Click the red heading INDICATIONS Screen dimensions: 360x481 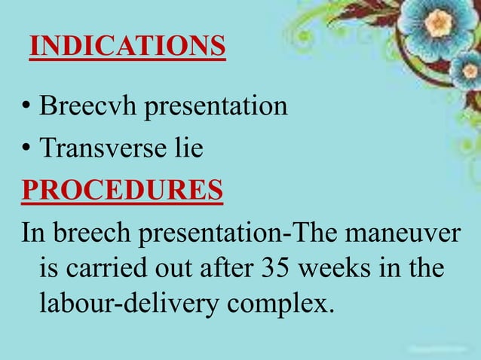(x=127, y=47)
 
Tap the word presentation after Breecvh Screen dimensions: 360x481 (x=216, y=106)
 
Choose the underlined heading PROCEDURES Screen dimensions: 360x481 (x=122, y=190)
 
